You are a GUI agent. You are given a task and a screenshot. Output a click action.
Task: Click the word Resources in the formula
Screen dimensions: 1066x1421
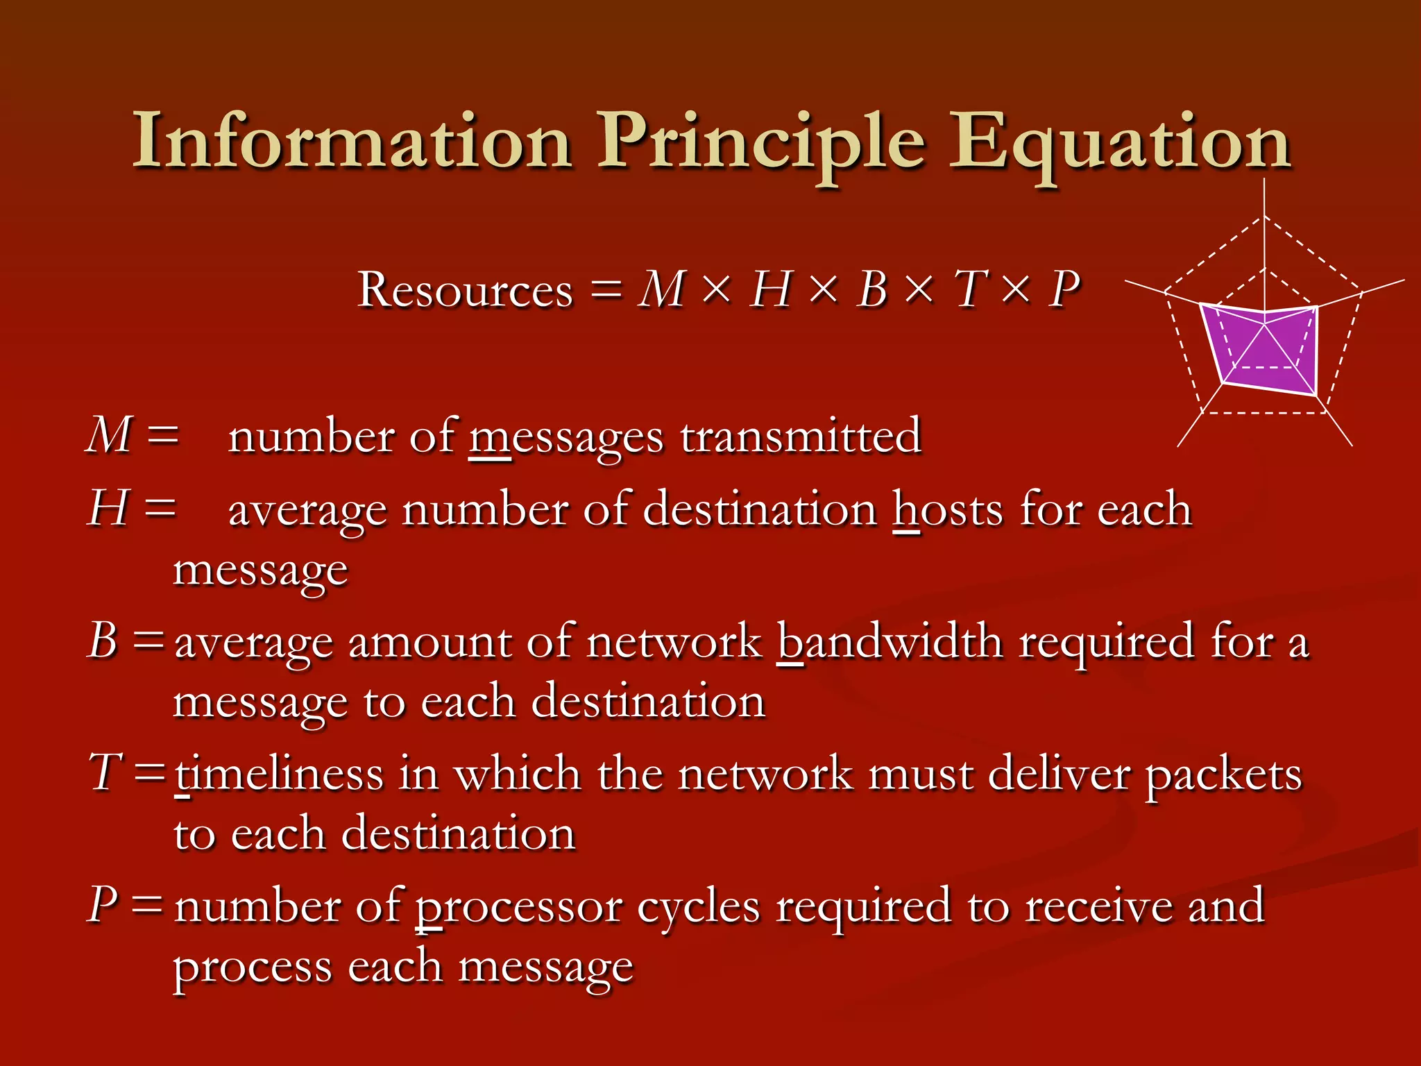coord(466,289)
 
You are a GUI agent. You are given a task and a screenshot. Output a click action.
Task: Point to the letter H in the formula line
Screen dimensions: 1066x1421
coord(770,289)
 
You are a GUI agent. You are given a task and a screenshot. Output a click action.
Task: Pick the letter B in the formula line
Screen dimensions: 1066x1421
coord(872,289)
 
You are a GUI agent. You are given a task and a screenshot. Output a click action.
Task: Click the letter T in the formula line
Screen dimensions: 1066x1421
coord(969,289)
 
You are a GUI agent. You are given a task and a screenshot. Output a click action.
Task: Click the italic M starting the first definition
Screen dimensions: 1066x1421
coord(109,436)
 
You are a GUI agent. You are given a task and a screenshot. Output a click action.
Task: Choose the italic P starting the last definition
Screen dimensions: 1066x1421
coord(103,905)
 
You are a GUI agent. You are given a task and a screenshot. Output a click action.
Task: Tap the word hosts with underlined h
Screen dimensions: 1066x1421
coord(948,510)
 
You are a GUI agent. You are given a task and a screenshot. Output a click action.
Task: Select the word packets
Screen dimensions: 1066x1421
coord(1223,775)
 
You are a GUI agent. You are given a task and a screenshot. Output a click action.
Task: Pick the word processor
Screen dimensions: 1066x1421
coord(518,908)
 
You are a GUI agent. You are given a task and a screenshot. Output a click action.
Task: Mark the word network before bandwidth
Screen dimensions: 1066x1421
coord(674,641)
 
